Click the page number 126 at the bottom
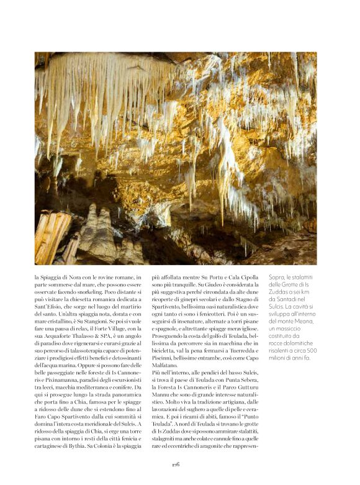point(176,463)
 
